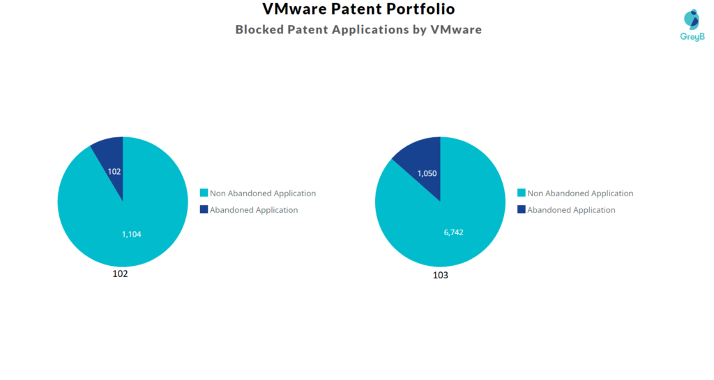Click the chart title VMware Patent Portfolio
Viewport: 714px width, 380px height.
click(358, 10)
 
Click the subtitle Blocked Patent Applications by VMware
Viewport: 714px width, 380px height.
click(358, 30)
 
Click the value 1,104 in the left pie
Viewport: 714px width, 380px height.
click(132, 235)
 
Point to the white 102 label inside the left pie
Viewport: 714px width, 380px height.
click(114, 171)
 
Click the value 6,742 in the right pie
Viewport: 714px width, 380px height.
click(453, 232)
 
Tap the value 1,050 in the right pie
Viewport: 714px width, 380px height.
click(427, 173)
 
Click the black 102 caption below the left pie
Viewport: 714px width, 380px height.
click(120, 274)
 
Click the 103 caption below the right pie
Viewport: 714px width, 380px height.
click(440, 275)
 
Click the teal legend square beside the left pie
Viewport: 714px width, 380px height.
click(204, 193)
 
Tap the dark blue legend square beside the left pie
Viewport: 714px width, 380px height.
click(204, 209)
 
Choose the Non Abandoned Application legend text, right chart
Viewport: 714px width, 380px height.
click(580, 193)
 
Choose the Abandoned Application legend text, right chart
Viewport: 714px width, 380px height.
click(571, 210)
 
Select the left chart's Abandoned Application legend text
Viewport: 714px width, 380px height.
click(254, 210)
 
